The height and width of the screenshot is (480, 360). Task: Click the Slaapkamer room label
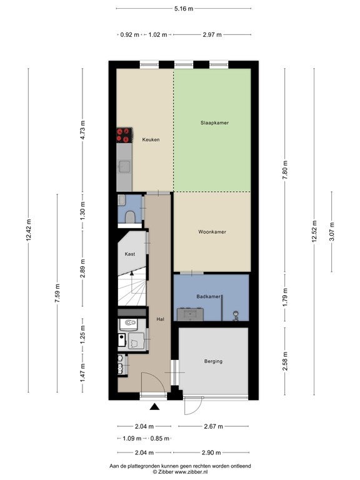(214, 122)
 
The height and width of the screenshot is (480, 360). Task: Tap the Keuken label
(151, 139)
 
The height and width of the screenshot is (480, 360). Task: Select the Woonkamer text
(212, 232)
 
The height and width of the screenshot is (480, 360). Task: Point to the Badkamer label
(208, 296)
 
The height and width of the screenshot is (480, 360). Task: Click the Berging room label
(213, 361)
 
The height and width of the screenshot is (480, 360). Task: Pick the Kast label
(130, 254)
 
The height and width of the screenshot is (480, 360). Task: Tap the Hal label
(161, 319)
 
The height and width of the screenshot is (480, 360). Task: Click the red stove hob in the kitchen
(124, 135)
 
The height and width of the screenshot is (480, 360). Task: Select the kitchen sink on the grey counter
(124, 167)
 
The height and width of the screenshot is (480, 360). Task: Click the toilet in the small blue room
(131, 217)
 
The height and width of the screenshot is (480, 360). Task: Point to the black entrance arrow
(155, 406)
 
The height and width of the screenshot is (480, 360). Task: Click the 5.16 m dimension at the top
(184, 9)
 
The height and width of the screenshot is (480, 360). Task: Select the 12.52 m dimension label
(314, 231)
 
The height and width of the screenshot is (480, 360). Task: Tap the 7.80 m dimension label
(285, 170)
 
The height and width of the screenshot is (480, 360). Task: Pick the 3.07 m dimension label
(331, 231)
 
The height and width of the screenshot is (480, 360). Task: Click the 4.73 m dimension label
(82, 130)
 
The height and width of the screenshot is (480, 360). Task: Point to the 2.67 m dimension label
(213, 426)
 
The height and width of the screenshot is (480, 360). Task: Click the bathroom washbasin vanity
(190, 314)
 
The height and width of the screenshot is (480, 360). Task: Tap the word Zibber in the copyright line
(166, 472)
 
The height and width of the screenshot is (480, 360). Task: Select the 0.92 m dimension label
(129, 34)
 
